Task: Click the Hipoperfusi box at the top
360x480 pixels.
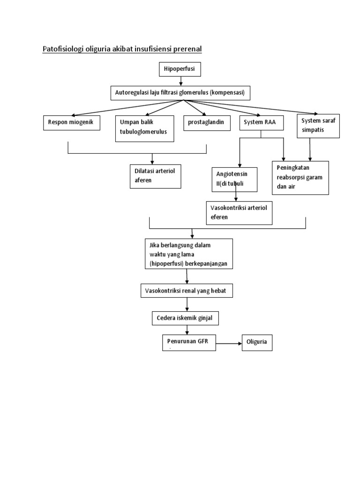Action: click(180, 70)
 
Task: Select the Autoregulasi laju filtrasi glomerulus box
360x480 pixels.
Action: click(180, 93)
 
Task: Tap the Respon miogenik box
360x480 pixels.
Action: click(71, 122)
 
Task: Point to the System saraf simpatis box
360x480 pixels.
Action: click(319, 126)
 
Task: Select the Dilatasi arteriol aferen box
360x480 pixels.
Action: click(155, 176)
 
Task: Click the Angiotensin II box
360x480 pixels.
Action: click(234, 179)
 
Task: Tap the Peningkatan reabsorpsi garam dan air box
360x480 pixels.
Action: click(300, 177)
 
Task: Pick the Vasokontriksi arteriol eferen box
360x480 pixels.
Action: click(239, 213)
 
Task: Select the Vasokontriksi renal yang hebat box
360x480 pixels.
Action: click(187, 291)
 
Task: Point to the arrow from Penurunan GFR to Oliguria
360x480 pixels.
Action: click(229, 344)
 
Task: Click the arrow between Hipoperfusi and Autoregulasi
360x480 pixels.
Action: click(180, 81)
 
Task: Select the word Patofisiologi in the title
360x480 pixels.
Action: click(64, 49)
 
